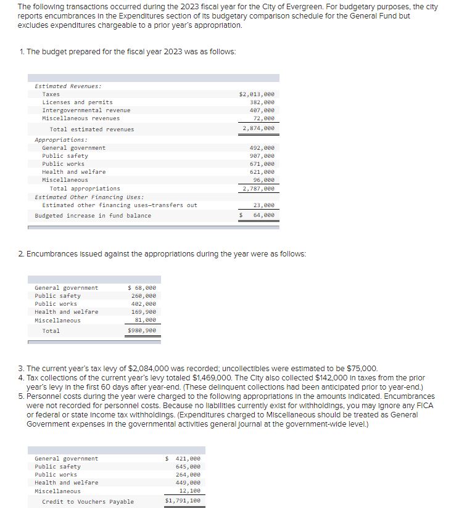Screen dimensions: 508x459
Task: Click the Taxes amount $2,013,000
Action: point(256,94)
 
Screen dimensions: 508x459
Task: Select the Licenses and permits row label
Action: point(77,102)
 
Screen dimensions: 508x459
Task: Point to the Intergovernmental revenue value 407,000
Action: point(262,110)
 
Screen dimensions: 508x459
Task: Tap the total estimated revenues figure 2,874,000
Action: point(258,129)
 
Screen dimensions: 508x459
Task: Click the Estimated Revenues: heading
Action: point(68,86)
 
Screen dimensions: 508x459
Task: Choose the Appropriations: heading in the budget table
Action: point(61,140)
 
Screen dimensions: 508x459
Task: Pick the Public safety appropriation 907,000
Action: point(262,156)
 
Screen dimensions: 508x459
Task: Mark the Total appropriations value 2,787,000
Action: point(258,189)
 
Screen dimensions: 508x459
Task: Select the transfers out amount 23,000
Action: point(263,205)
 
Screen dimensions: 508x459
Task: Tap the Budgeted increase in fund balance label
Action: point(93,216)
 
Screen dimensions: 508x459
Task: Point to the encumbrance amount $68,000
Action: point(141,288)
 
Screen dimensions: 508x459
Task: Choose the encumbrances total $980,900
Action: point(141,331)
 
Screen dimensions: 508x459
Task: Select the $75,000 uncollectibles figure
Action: point(360,367)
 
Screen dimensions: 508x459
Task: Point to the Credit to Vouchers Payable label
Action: point(88,502)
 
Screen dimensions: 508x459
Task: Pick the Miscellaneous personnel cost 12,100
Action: point(189,491)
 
